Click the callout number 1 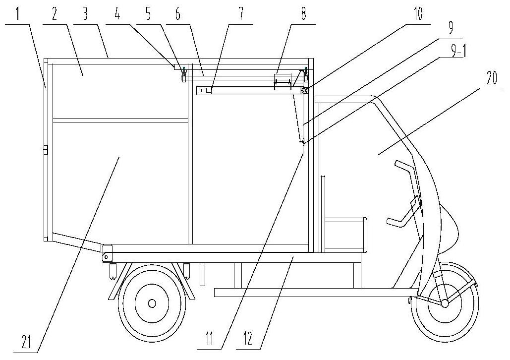(x=17, y=15)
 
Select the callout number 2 (x=55, y=15)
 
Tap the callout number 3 (x=85, y=15)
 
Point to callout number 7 (x=241, y=15)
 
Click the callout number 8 (x=303, y=15)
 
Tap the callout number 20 (x=492, y=79)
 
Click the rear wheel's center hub (x=152, y=303)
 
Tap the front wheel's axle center (x=444, y=303)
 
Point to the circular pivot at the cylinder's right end (x=305, y=91)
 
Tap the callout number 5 (x=148, y=15)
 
